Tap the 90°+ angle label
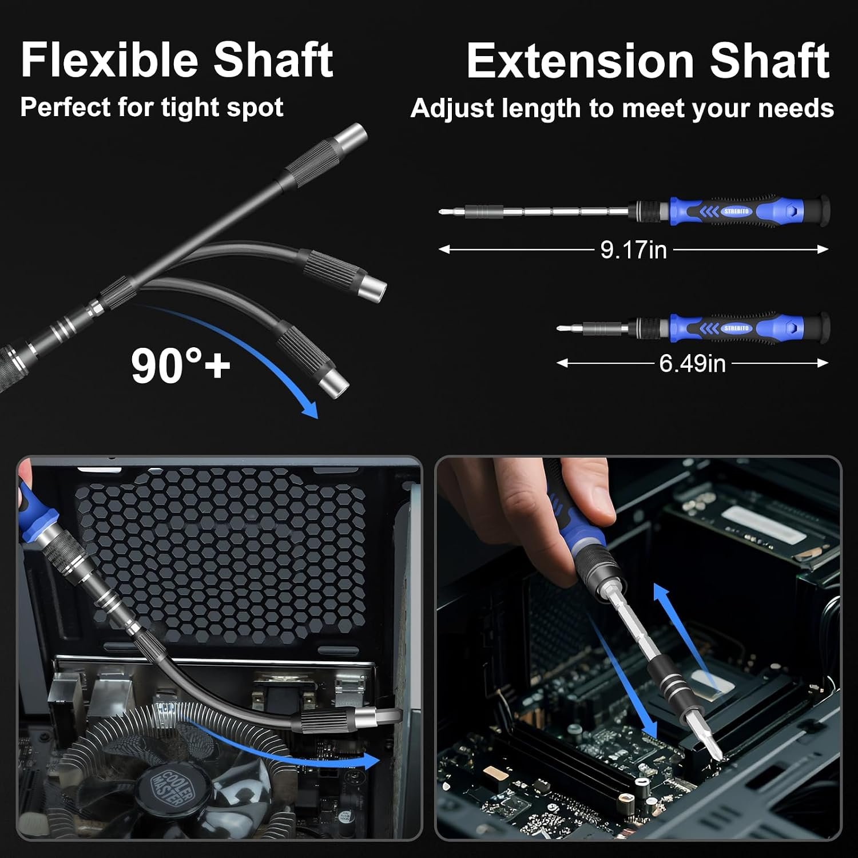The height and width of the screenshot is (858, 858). click(x=180, y=366)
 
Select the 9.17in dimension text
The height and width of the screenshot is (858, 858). click(x=633, y=250)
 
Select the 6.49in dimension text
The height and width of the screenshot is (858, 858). click(x=692, y=363)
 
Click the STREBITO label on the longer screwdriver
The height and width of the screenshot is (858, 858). click(x=736, y=212)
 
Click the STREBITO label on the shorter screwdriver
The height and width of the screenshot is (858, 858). click(x=736, y=328)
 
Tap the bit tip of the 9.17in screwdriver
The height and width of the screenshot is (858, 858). click(x=440, y=212)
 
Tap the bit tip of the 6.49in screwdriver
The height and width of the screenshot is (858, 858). click(x=558, y=328)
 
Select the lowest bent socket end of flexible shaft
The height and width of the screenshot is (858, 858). click(x=334, y=384)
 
